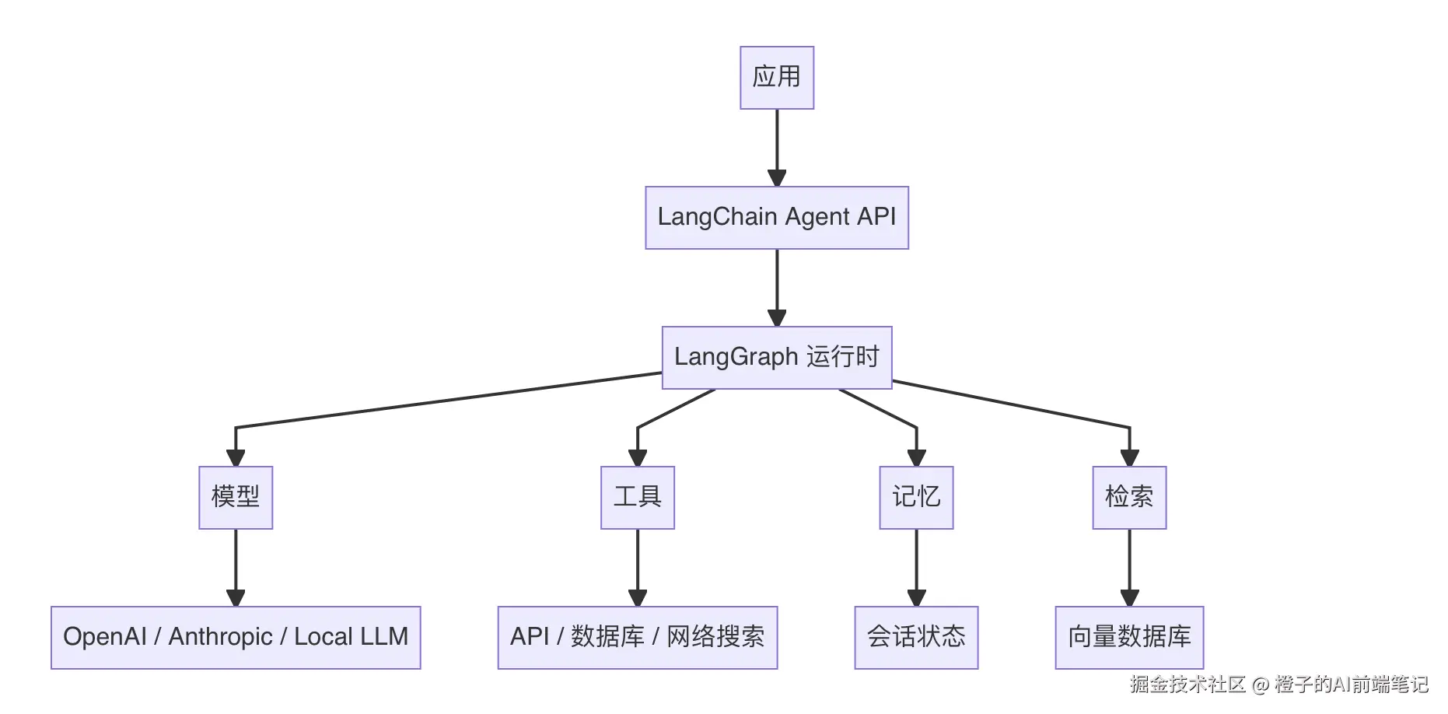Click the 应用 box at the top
pos(776,77)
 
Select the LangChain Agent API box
pos(776,217)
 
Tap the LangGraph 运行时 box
pos(776,357)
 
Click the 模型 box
pos(236,497)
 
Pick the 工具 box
pos(637,497)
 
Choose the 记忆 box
pos(916,497)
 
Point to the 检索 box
pos(1129,497)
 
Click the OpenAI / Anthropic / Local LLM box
pos(236,637)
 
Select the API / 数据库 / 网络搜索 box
pos(637,637)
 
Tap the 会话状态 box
pos(916,637)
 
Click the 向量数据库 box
pos(1129,637)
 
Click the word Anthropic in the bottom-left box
pos(220,637)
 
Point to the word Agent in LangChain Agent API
pos(817,217)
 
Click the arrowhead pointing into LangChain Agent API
pos(777,177)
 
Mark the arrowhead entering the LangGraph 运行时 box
pos(777,317)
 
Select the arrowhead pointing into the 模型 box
pos(236,457)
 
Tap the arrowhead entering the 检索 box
pos(1129,457)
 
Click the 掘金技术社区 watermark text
pos(1187,684)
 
